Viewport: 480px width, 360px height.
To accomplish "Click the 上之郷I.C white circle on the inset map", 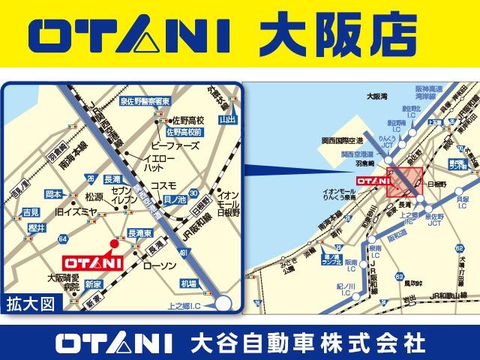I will (x=223, y=302).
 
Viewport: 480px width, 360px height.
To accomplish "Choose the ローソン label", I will (x=159, y=266).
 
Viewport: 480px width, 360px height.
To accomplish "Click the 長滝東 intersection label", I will (x=142, y=233).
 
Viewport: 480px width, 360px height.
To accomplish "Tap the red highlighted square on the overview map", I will (x=405, y=182).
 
